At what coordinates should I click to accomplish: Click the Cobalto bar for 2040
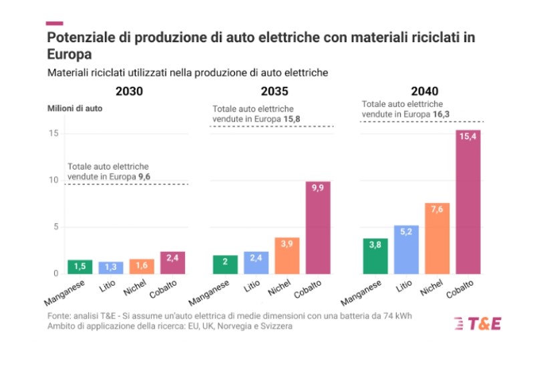tap(468, 202)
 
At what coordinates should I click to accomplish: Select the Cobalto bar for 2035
tap(318, 227)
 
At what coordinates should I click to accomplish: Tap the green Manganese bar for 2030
tap(80, 266)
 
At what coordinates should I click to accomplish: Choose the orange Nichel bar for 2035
tap(287, 255)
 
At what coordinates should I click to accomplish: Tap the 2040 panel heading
tap(425, 91)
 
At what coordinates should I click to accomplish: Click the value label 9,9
tap(318, 189)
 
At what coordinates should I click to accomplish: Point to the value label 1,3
tap(111, 266)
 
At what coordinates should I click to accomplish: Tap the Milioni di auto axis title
tap(74, 108)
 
